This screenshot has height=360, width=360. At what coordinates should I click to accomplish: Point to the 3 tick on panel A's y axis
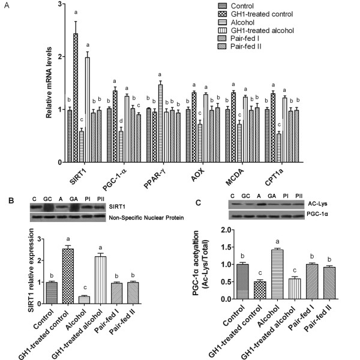[61, 4]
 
